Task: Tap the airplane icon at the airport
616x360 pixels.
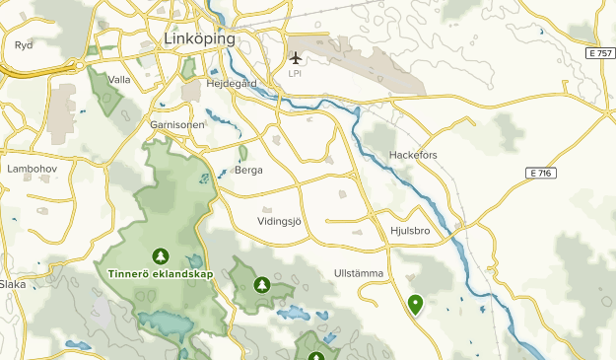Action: pos(295,57)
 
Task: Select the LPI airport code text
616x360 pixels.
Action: pos(295,73)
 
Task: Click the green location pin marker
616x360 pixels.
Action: pos(416,305)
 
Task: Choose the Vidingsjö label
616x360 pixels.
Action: pos(285,221)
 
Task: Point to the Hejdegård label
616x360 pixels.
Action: pos(232,84)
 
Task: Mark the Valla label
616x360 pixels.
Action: pos(119,80)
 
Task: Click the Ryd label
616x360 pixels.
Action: pos(24,44)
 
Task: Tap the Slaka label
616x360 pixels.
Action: pos(13,284)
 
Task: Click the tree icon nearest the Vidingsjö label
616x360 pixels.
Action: pos(261,285)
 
